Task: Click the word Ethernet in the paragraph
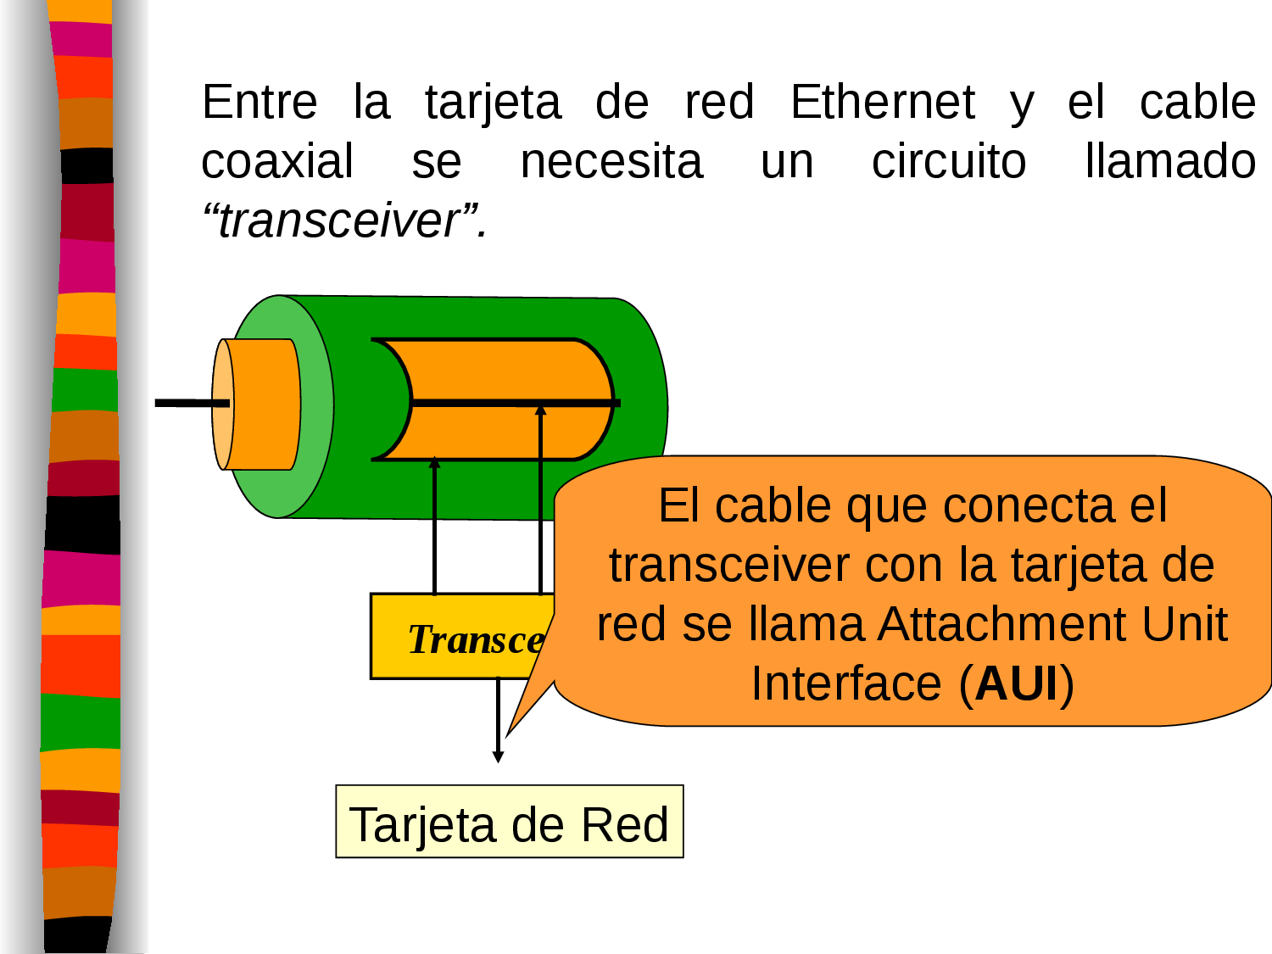pos(883,103)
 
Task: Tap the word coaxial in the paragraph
pos(277,162)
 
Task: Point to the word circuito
pos(949,162)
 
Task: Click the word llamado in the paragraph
pos(1170,162)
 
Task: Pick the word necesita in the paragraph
pos(611,162)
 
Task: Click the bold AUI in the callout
pos(1017,683)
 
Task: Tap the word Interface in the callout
pos(847,683)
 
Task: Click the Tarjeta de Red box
pos(510,822)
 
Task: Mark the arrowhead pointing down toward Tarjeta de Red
pos(499,755)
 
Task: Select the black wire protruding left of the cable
pos(182,403)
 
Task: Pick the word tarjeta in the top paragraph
pos(493,103)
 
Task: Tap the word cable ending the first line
pos(1197,103)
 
